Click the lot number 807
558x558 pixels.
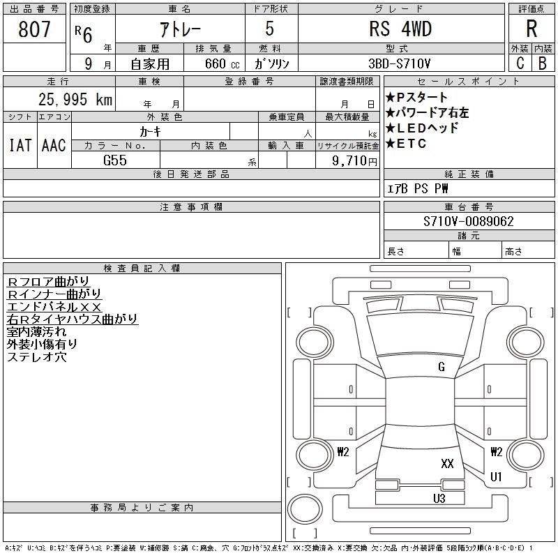[x=34, y=29]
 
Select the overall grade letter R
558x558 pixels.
[x=531, y=29]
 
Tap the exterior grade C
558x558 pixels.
[x=520, y=63]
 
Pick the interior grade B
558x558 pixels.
[x=543, y=63]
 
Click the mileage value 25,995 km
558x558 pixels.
[x=75, y=100]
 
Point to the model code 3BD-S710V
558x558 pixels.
[x=399, y=63]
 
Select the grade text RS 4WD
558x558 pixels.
[x=400, y=29]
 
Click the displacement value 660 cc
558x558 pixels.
[x=222, y=63]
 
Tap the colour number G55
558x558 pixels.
[x=115, y=160]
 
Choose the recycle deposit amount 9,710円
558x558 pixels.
[x=354, y=161]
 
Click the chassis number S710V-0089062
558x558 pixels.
[x=468, y=221]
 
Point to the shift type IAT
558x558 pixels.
[x=20, y=145]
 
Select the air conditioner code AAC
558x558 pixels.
[x=54, y=145]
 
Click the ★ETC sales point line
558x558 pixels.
[x=406, y=144]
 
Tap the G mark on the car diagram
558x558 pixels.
[x=442, y=367]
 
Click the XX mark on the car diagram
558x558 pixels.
[x=447, y=463]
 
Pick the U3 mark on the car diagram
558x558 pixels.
[x=439, y=499]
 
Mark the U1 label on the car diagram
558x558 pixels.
[x=496, y=476]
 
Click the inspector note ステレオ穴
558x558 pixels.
[x=37, y=357]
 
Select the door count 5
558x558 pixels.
[x=269, y=29]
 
